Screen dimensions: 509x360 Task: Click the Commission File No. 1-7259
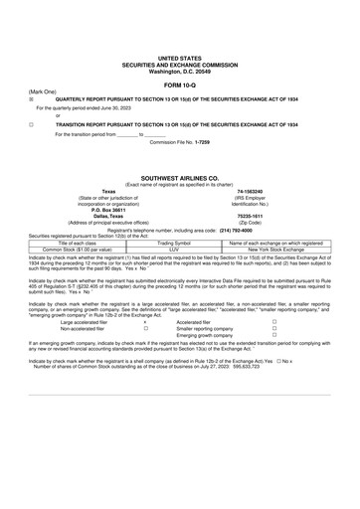pos(179,143)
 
